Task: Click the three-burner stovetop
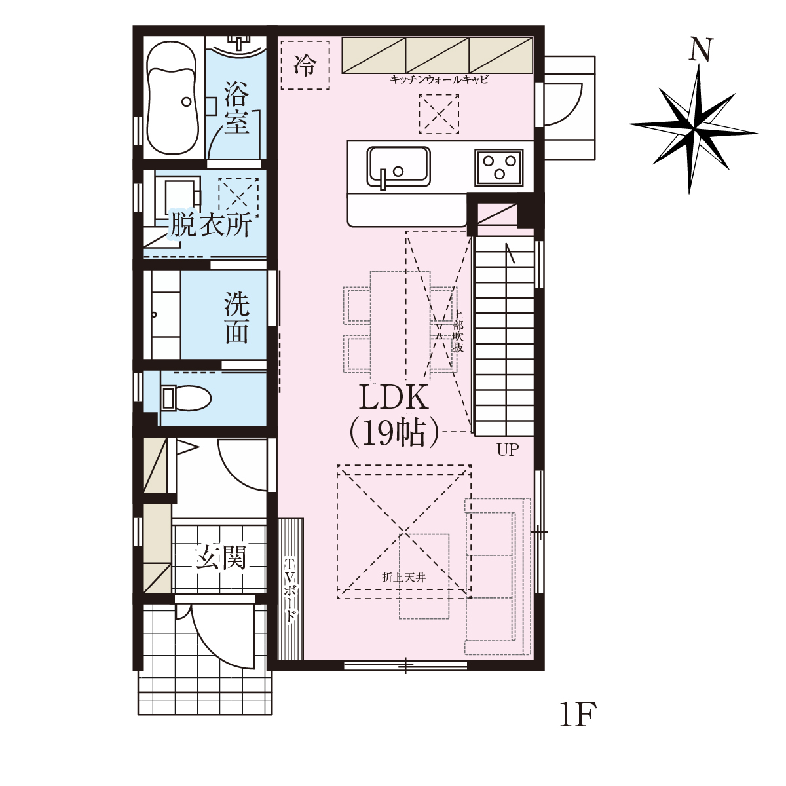coord(498,167)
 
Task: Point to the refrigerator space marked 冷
coord(305,65)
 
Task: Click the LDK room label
coord(394,398)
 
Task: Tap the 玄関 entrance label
coord(221,557)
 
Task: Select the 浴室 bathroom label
coord(236,107)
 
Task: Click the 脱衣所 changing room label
coord(210,225)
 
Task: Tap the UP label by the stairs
coord(508,450)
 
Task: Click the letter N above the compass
coord(701,49)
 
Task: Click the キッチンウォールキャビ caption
coord(439,79)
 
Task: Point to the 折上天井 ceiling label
coord(404,578)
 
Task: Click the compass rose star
coord(694,128)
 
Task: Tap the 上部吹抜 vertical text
coord(458,331)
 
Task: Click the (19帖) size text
coord(394,432)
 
